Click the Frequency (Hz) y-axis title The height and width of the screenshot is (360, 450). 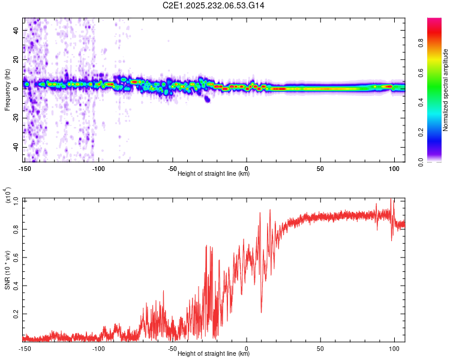click(7, 90)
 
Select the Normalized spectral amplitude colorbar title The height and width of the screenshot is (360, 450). click(446, 90)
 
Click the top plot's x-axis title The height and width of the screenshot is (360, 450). click(214, 173)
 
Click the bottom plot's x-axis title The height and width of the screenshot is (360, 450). click(214, 353)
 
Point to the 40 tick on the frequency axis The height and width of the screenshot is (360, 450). click(16, 30)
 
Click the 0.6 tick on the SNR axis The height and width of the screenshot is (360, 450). click(16, 256)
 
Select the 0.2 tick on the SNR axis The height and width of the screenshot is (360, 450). click(16, 314)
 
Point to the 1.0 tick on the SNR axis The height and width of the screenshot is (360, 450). click(16, 199)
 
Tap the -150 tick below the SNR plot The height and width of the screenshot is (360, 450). click(25, 348)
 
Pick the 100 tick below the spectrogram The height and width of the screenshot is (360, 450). click(394, 168)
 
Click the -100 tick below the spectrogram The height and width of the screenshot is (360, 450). click(99, 168)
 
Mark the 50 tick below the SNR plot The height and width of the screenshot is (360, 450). click(320, 348)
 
